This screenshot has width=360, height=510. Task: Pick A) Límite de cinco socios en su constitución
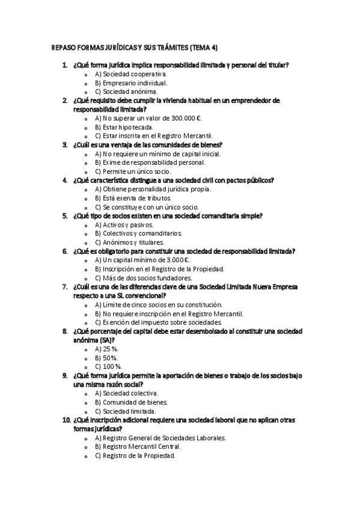pyautogui.click(x=162, y=305)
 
